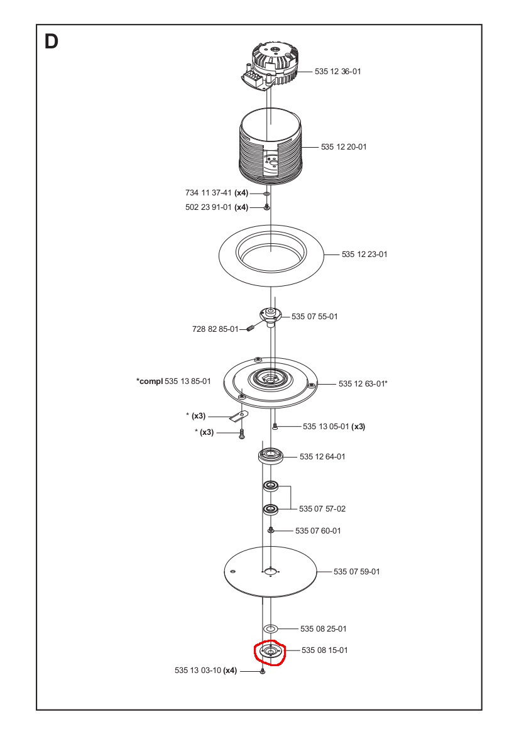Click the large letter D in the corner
(52, 42)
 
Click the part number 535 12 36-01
(337, 72)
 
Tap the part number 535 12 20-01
(343, 147)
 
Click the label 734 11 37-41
(209, 193)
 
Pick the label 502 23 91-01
(209, 207)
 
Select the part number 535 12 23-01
(364, 255)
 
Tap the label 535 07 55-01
(314, 316)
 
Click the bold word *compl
(149, 381)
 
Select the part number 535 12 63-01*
(363, 383)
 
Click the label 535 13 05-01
(325, 427)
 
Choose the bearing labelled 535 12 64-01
(271, 455)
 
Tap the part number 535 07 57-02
(322, 508)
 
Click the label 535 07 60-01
(318, 531)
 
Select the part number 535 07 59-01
(356, 571)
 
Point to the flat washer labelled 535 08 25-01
(271, 628)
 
